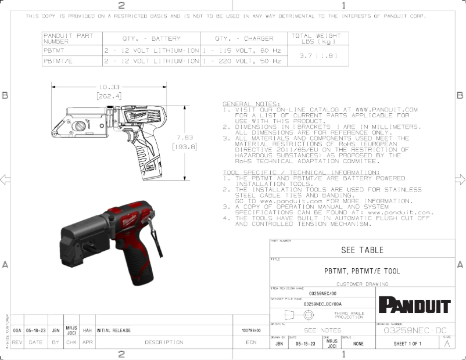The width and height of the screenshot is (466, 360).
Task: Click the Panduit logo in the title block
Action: [x=414, y=305]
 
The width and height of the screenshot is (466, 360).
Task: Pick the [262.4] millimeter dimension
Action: [x=109, y=96]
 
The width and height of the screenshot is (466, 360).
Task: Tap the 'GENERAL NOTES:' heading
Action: [x=251, y=103]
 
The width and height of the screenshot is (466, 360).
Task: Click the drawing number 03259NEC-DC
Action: [x=415, y=330]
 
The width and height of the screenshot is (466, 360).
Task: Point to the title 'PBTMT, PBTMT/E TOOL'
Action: [x=361, y=271]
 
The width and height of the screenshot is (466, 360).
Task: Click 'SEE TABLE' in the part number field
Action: [x=362, y=250]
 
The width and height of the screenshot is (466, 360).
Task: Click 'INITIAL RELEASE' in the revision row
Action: [x=114, y=330]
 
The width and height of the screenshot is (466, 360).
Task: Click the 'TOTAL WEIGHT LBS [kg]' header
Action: [x=316, y=39]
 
